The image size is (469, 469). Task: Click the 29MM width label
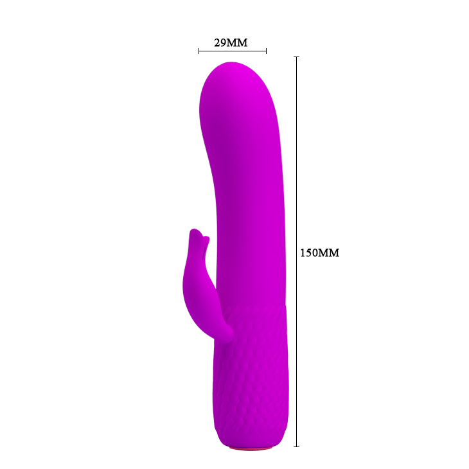(231, 43)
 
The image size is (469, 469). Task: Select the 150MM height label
(319, 253)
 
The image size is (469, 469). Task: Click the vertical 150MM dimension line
(296, 161)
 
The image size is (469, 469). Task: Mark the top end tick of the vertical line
(296, 57)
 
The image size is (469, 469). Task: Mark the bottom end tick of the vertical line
(296, 446)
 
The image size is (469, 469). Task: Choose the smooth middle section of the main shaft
(247, 212)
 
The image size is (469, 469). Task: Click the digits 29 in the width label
(220, 43)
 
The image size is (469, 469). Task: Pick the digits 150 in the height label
(310, 253)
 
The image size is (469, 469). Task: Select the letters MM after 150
(329, 253)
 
